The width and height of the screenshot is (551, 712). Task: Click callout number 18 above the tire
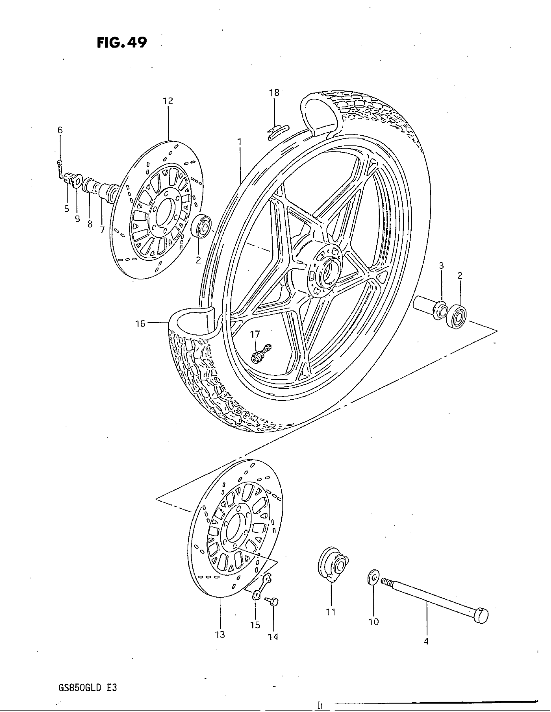[x=274, y=93]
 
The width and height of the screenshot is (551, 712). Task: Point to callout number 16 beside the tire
[x=140, y=324]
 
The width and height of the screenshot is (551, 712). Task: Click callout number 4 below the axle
[x=426, y=641]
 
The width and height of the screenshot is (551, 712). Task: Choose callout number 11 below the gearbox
[x=331, y=612]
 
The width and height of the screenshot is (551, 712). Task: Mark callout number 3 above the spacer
[x=441, y=266]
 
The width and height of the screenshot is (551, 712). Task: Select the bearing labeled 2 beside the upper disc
[x=201, y=226]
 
